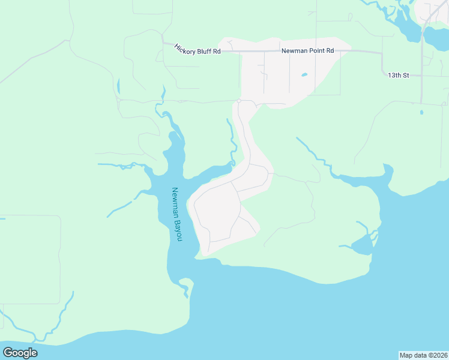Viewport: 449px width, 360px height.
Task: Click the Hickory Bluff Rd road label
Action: [x=197, y=49]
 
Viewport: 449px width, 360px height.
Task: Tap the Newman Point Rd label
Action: [x=307, y=51]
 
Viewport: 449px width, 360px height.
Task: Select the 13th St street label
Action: [x=398, y=75]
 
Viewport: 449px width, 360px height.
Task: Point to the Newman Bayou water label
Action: [x=176, y=214]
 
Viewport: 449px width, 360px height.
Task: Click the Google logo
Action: [x=20, y=353]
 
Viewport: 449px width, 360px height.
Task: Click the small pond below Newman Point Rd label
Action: [x=304, y=75]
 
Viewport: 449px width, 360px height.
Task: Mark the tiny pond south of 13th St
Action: [x=421, y=112]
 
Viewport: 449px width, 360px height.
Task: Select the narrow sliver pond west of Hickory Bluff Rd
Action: [x=118, y=86]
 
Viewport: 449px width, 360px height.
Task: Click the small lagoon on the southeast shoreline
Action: [x=362, y=244]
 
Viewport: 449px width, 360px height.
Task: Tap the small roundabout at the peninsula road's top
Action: [x=238, y=100]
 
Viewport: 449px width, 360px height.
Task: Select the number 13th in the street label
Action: [x=394, y=75]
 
